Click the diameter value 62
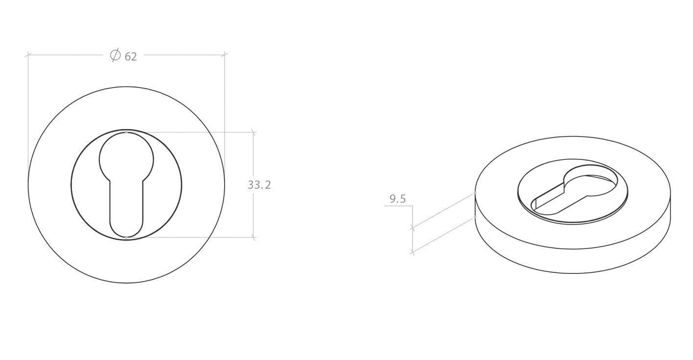pyautogui.click(x=131, y=57)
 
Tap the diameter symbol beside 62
pyautogui.click(x=115, y=55)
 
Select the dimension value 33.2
pyautogui.click(x=259, y=185)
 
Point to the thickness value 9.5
pyautogui.click(x=397, y=199)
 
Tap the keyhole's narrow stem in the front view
pyautogui.click(x=126, y=205)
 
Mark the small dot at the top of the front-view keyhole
pyautogui.click(x=126, y=132)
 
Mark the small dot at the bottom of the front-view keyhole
pyautogui.click(x=126, y=237)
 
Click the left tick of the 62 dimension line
pyautogui.click(x=28, y=55)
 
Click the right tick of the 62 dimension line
pyautogui.click(x=225, y=55)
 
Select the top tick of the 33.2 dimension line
pyautogui.click(x=253, y=132)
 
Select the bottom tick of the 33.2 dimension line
pyautogui.click(x=253, y=237)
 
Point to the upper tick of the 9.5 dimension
pyautogui.click(x=413, y=227)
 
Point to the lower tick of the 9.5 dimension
pyautogui.click(x=413, y=252)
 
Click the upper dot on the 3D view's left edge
pyautogui.click(x=475, y=193)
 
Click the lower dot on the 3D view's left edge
pyautogui.click(x=475, y=217)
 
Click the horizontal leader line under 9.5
pyautogui.click(x=398, y=206)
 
